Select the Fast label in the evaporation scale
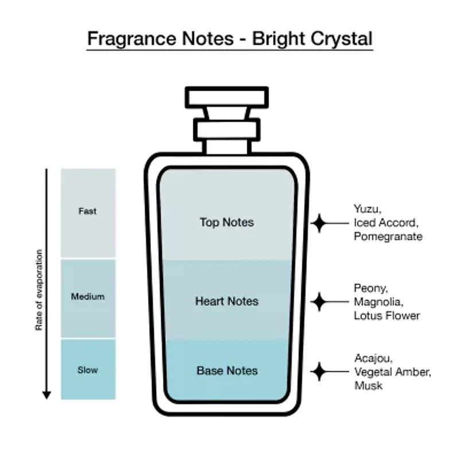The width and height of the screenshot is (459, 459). click(x=88, y=211)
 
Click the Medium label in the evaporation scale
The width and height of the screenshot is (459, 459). click(x=88, y=297)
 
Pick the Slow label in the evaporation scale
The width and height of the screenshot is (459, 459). click(x=88, y=370)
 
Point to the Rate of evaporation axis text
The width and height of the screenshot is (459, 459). click(x=39, y=290)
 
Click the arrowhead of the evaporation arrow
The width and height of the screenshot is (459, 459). click(x=46, y=394)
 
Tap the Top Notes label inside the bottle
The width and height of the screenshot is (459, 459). click(x=227, y=222)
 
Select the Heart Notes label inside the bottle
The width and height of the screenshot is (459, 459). click(x=227, y=301)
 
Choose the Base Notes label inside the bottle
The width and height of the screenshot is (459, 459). click(x=227, y=371)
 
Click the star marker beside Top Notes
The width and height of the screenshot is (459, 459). click(x=319, y=223)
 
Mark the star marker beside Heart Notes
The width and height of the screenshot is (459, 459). click(x=319, y=301)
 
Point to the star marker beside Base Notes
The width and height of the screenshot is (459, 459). click(x=319, y=371)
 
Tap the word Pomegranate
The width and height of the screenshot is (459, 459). click(x=388, y=236)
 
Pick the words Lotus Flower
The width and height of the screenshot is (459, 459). click(x=387, y=316)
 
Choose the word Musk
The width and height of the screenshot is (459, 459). click(x=368, y=386)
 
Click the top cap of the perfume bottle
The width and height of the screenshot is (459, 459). click(x=227, y=97)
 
